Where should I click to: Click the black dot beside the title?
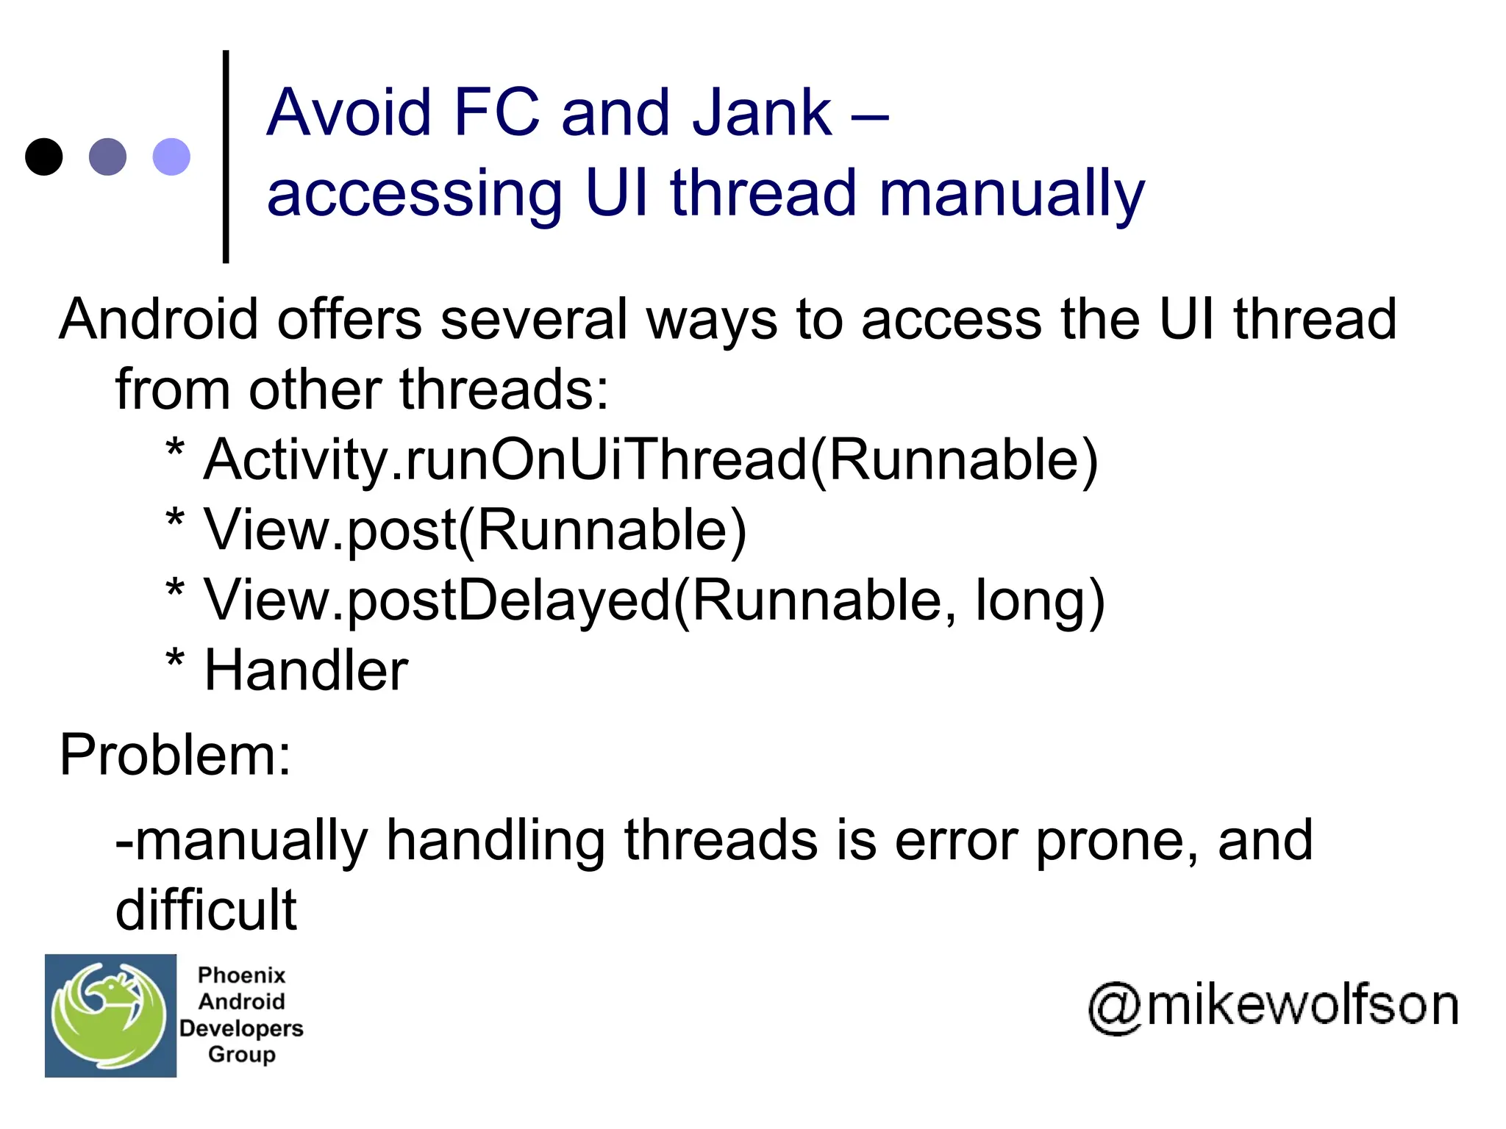coord(44,157)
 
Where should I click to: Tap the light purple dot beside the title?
coord(171,157)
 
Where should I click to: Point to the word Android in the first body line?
coord(158,319)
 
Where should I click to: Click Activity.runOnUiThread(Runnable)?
coord(650,459)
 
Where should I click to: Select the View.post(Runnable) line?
coord(475,529)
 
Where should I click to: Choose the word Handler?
coord(306,670)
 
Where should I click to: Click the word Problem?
coord(175,755)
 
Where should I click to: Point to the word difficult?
coord(206,910)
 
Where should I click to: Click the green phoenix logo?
coord(110,1016)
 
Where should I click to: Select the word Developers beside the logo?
coord(241,1028)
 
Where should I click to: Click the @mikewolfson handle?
coord(1273,1006)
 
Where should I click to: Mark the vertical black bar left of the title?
coord(226,156)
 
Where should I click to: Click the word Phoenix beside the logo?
coord(241,975)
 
